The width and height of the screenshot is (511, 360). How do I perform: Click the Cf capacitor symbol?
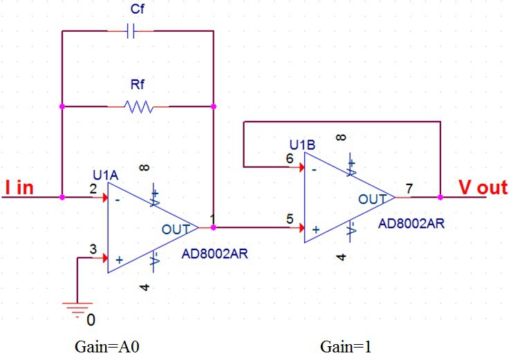click(x=131, y=30)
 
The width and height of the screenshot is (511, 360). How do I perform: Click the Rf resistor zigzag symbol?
click(x=138, y=106)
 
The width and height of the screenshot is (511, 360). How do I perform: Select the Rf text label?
click(x=138, y=85)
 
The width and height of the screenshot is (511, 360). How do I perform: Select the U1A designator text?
click(x=106, y=175)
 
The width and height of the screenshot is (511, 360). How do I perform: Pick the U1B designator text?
click(x=302, y=145)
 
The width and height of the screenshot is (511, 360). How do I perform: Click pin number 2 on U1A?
click(x=93, y=188)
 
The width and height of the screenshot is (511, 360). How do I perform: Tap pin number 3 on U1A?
click(x=93, y=249)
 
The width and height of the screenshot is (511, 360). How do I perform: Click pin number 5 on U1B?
click(x=290, y=220)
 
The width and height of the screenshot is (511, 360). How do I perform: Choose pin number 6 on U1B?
click(x=290, y=158)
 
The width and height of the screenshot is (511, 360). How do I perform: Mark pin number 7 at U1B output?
click(x=409, y=188)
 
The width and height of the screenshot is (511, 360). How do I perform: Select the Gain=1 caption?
click(x=342, y=345)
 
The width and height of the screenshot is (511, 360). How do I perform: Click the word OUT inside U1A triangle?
click(x=175, y=229)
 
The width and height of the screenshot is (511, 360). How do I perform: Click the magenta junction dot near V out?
click(x=440, y=197)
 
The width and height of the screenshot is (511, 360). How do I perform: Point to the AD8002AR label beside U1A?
click(x=214, y=254)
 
